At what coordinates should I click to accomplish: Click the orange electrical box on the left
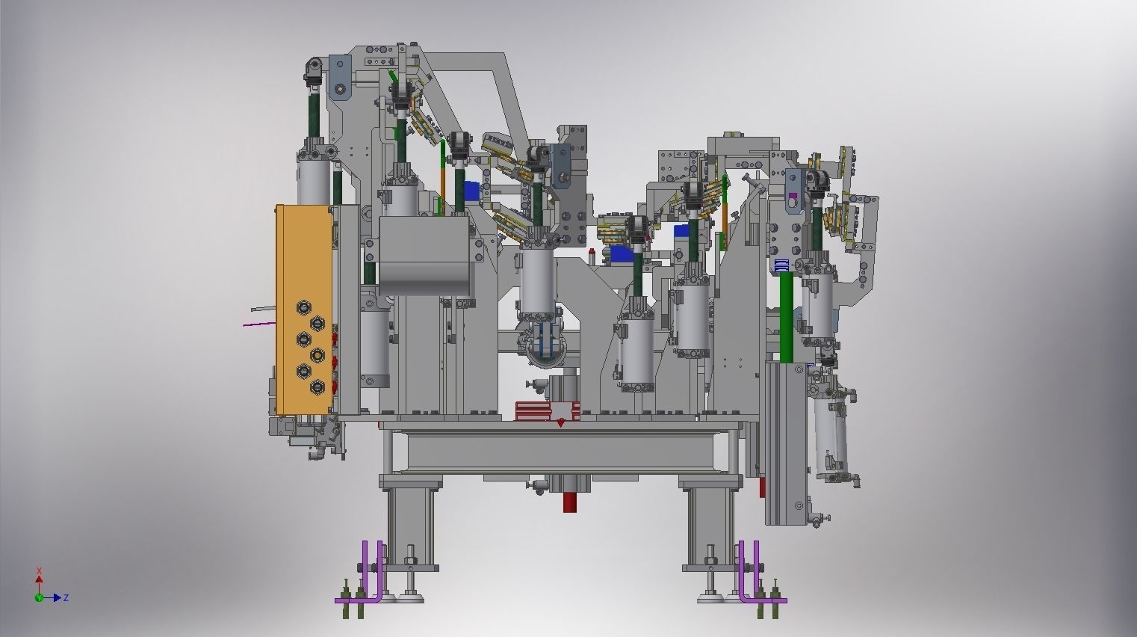304,310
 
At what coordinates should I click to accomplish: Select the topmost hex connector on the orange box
303,308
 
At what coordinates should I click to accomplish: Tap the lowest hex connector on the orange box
317,387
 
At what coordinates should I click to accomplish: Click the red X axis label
39,571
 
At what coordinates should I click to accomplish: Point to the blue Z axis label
66,598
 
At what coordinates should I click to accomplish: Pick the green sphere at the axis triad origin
39,598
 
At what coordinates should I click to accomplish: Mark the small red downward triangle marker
560,423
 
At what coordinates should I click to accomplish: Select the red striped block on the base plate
548,411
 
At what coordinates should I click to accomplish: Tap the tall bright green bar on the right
786,318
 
